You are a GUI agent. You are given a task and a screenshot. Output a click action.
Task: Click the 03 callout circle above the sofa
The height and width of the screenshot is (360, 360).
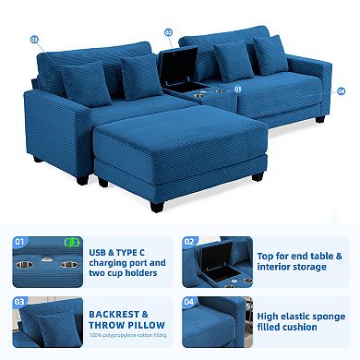coord(35,40)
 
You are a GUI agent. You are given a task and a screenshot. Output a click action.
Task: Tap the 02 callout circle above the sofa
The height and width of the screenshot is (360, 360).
coord(169,31)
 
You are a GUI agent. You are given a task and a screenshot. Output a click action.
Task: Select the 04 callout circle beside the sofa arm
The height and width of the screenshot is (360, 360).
coord(341,91)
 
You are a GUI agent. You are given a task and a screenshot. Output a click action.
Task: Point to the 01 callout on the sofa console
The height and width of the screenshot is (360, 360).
coord(238,89)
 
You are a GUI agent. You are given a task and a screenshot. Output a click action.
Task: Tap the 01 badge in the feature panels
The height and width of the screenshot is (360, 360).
coord(18,241)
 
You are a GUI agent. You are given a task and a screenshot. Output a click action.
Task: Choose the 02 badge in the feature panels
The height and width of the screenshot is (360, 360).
coord(191,241)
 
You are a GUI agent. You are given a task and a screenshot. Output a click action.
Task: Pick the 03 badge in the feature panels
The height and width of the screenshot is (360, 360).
coord(18,301)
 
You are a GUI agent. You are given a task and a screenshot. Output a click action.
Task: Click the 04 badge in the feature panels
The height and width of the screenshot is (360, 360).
coord(191,301)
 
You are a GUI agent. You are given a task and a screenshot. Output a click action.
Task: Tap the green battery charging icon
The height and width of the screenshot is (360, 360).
coord(72,244)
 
